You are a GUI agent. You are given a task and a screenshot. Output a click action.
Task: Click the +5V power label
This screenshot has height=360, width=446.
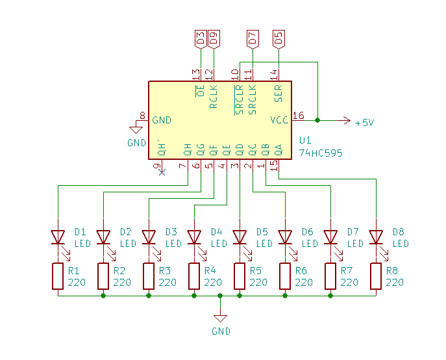364,122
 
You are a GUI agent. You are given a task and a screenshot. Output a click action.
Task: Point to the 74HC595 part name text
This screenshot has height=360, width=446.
321,153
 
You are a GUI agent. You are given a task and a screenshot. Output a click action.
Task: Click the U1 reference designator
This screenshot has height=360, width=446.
305,141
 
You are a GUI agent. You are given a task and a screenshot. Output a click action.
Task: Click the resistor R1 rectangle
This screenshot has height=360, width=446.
58,276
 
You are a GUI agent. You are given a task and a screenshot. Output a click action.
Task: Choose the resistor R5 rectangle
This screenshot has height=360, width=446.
240,276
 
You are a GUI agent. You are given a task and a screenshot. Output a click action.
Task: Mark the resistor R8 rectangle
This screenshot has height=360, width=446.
376,276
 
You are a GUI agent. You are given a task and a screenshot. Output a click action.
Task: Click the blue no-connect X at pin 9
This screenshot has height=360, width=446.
162,172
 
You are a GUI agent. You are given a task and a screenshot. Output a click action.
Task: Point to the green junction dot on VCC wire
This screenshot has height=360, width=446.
317,120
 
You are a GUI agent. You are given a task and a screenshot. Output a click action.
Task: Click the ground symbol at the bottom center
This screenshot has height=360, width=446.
220,318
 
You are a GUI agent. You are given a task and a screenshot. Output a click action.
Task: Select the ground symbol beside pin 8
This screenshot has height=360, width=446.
136,131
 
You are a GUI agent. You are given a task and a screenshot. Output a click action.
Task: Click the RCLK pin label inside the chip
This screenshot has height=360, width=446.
214,96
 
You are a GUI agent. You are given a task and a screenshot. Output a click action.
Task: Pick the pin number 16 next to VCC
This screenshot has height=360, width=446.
299,116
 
